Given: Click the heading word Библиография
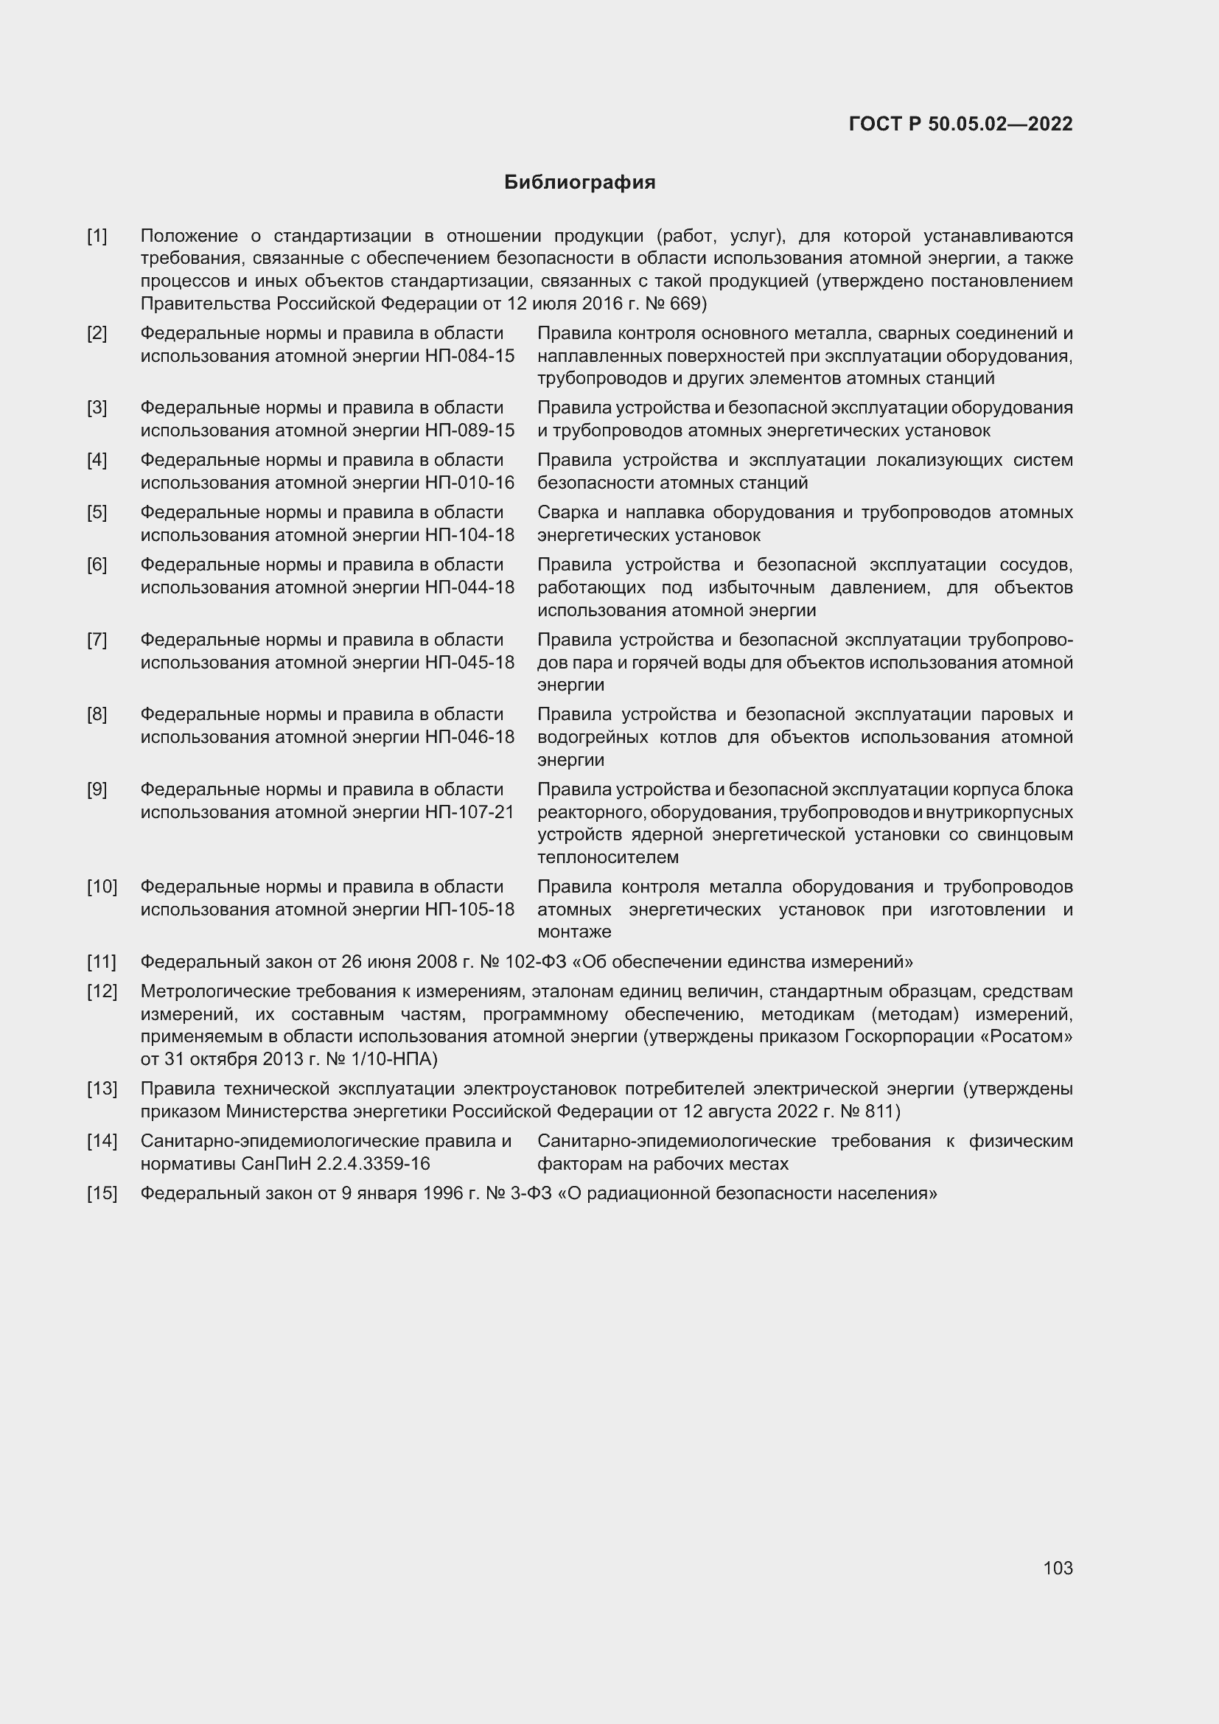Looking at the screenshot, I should (x=579, y=183).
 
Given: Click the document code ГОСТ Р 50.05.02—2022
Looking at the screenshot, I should (x=960, y=124).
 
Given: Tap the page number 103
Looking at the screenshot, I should (x=1058, y=1568).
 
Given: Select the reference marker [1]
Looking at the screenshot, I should (x=97, y=237).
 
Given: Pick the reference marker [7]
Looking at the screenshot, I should (x=97, y=640).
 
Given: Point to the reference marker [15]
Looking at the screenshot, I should (x=102, y=1193).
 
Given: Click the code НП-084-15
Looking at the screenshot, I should (x=470, y=356).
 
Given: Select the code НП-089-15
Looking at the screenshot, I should (x=470, y=430).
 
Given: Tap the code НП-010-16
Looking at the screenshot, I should (x=470, y=483).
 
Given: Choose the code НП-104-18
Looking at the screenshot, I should (x=470, y=535).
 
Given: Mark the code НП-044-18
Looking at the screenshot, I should (x=470, y=587).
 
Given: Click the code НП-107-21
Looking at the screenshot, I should (x=470, y=812).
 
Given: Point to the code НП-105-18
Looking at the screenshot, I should (x=470, y=910).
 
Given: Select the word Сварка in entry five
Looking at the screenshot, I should (x=568, y=513).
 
